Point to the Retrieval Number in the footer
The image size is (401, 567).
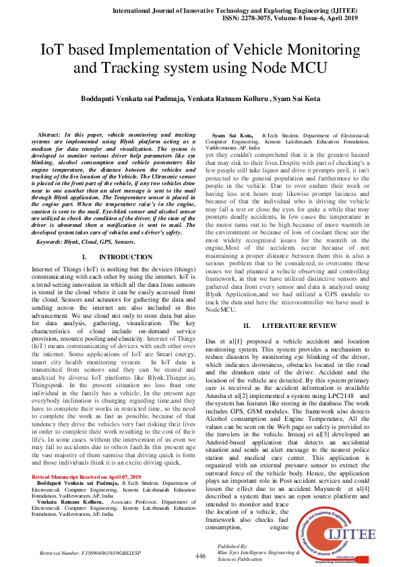coord(94,552)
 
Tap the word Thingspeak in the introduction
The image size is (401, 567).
coord(50,389)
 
